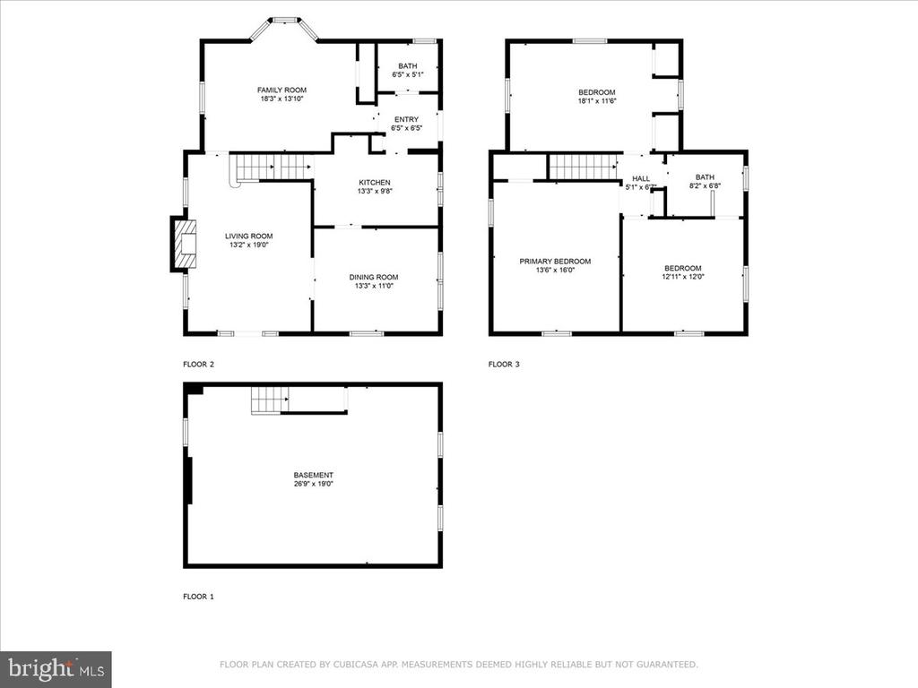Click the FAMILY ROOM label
[281, 90]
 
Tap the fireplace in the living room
[184, 244]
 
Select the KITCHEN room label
[375, 183]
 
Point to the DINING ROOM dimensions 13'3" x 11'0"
[374, 286]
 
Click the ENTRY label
[406, 119]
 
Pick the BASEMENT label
[313, 475]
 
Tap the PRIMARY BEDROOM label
[555, 262]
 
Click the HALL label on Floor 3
[641, 178]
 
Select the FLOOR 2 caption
[198, 365]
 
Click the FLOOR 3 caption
[504, 365]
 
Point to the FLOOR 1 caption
[198, 597]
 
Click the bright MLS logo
[56, 669]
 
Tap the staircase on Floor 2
[272, 168]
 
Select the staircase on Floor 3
[583, 167]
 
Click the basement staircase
[270, 400]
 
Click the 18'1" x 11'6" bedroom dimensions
[597, 101]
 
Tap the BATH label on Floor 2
[408, 66]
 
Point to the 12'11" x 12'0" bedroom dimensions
[682, 278]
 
